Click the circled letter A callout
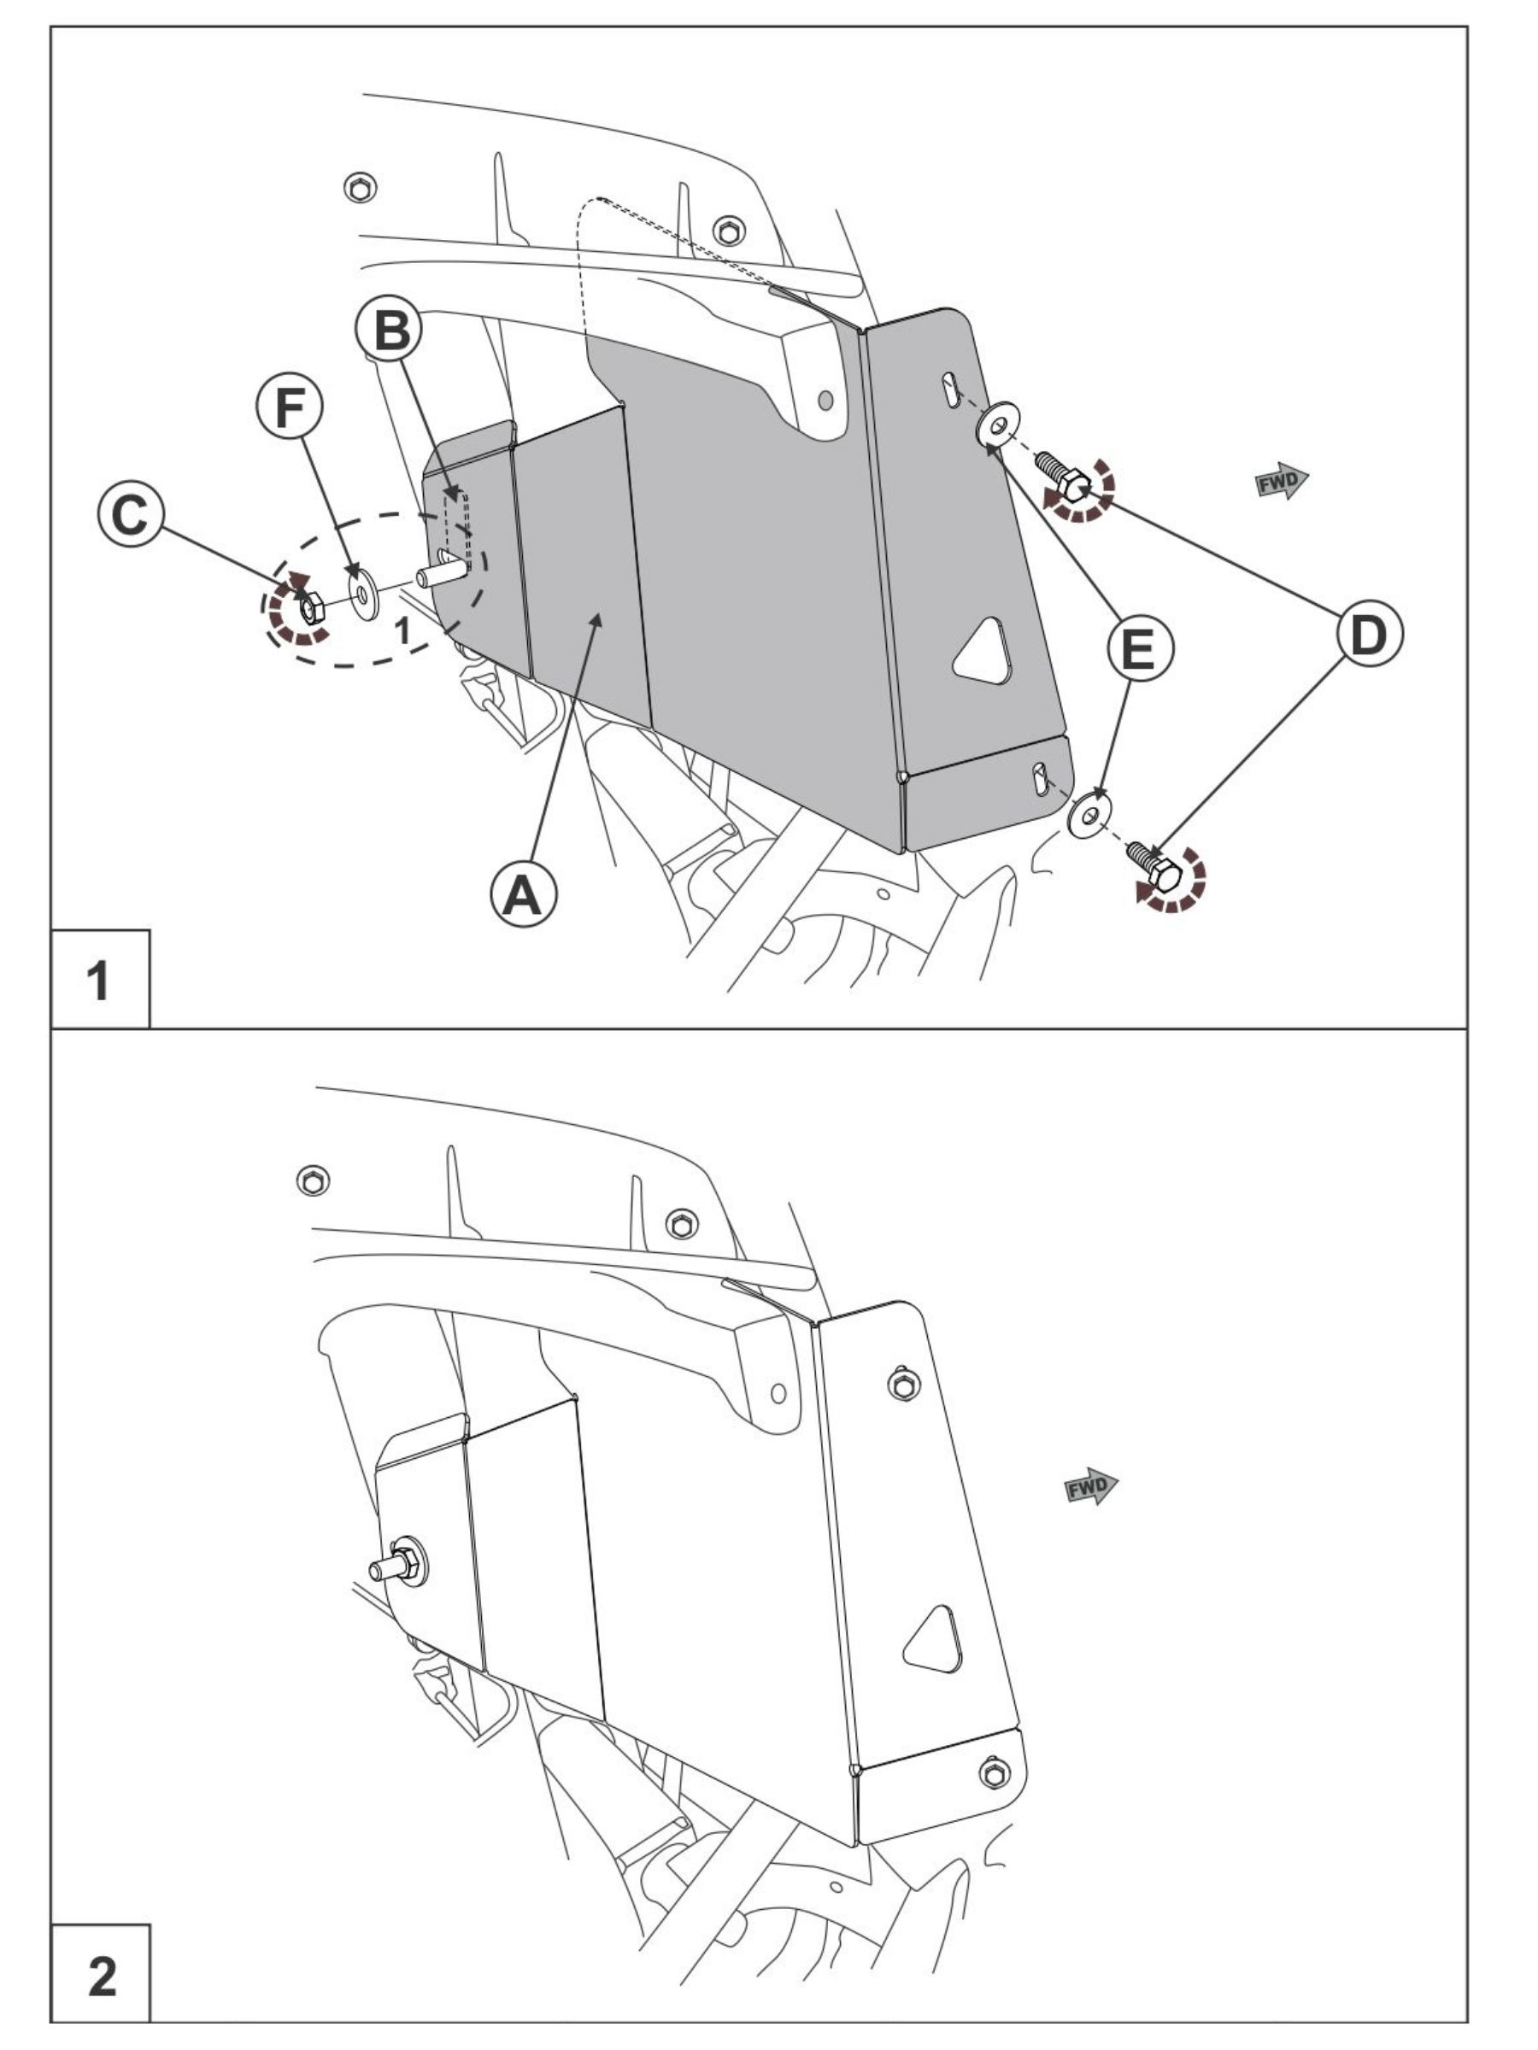click(x=523, y=894)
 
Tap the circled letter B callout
click(x=390, y=329)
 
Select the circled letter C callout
click(x=131, y=513)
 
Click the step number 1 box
click(x=99, y=980)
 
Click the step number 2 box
click(x=99, y=1975)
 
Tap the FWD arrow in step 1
click(x=1281, y=481)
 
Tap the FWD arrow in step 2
click(x=1090, y=1486)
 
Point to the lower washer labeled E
click(x=1089, y=815)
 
